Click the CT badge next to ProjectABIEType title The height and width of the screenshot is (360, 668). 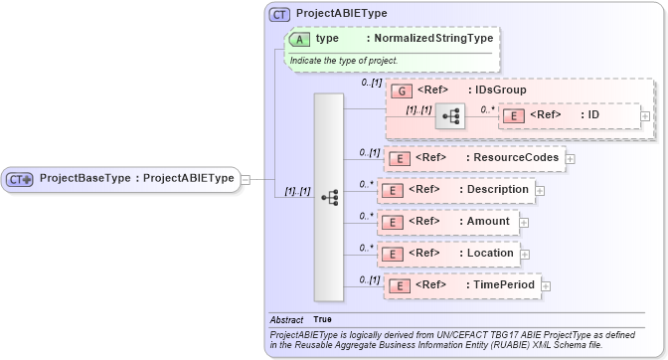coord(279,14)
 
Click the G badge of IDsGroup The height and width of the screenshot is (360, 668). coord(401,90)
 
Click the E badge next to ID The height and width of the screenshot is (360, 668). coord(512,115)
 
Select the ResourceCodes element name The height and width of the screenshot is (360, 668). coord(513,157)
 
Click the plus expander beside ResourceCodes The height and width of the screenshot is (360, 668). coord(571,158)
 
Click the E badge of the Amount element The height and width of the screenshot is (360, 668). coord(395,222)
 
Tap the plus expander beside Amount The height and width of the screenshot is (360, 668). coord(524,223)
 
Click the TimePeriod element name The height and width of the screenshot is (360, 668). coord(501,285)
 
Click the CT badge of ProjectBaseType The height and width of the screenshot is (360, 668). coord(20,179)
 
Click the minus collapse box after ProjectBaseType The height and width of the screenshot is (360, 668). coord(245,179)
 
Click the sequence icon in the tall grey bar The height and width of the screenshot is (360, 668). coord(329,197)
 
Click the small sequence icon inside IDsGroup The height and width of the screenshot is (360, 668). coord(450,115)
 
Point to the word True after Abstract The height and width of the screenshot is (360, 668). coord(323,319)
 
